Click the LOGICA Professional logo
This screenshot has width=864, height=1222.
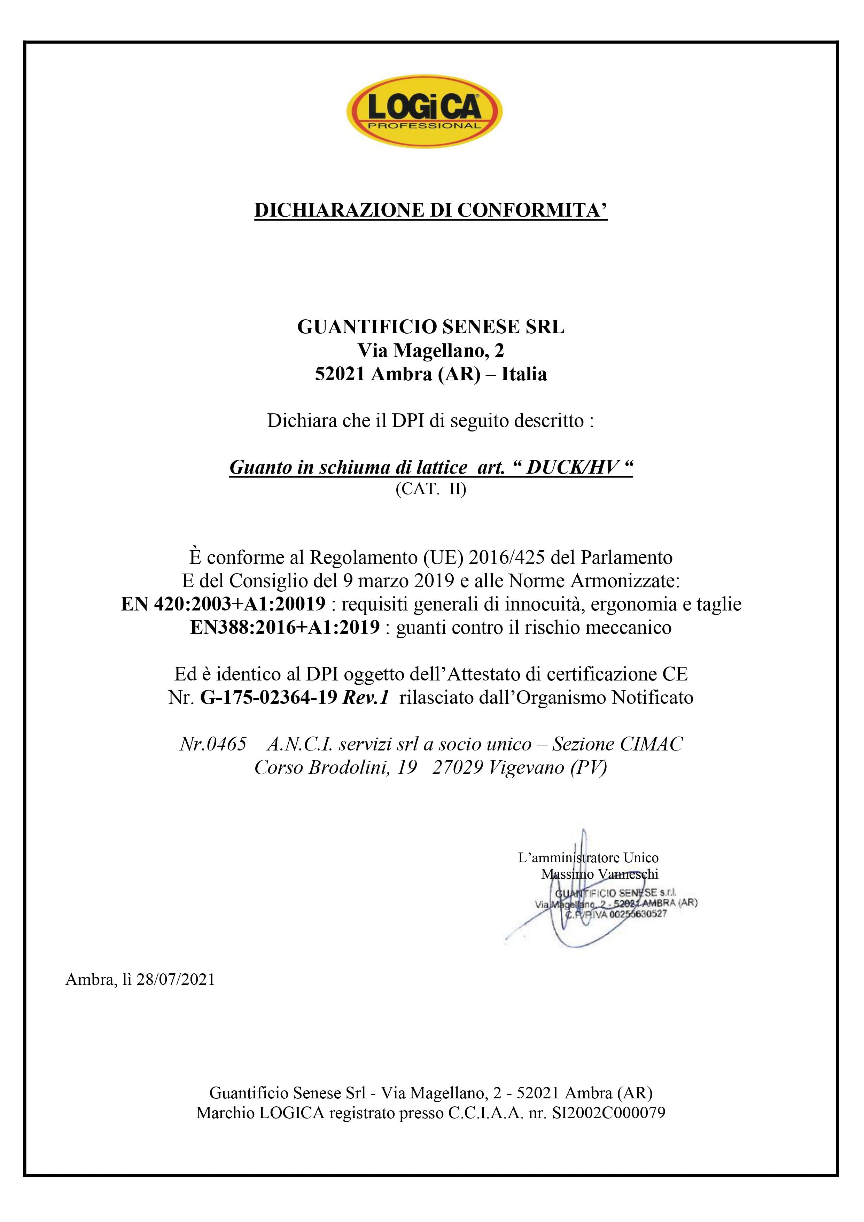[x=424, y=111]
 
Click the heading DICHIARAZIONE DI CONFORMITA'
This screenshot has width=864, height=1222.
[x=431, y=210]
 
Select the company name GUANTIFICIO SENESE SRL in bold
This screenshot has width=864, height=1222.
[x=431, y=327]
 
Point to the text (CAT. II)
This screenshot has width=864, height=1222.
[x=431, y=489]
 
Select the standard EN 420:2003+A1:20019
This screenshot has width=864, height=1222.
[x=223, y=604]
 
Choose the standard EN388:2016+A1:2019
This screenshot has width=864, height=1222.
[x=285, y=628]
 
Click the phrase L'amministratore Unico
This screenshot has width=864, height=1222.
[x=588, y=858]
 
